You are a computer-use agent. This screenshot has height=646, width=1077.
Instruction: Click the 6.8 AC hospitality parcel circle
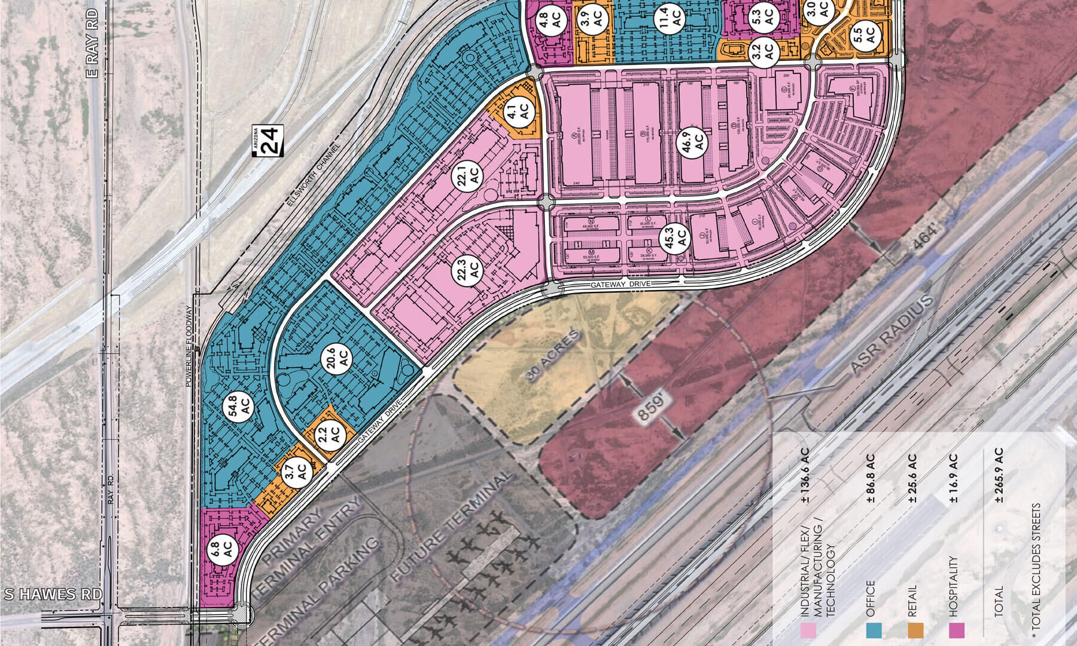(x=222, y=548)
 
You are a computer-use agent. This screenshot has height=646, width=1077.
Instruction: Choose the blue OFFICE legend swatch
(x=874, y=629)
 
